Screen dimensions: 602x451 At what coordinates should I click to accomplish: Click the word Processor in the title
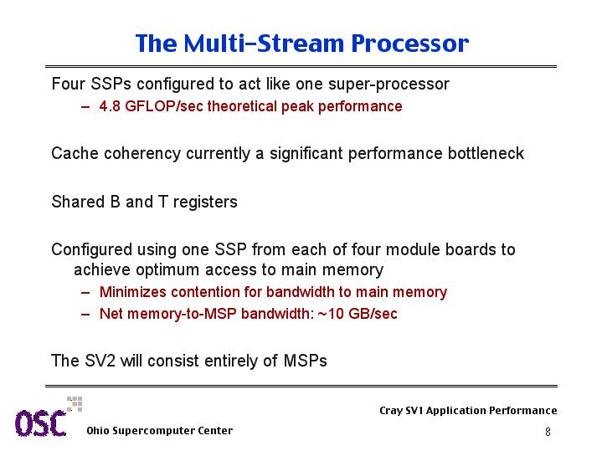pos(409,43)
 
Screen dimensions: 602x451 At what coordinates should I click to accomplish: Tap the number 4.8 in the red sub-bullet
pos(110,106)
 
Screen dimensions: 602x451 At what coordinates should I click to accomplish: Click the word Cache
pos(75,153)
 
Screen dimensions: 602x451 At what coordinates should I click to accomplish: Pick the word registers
pos(205,202)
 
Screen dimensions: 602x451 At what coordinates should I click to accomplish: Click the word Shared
pos(79,202)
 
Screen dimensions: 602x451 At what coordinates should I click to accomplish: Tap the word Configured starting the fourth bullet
pos(92,250)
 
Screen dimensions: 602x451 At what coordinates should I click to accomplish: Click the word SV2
pos(100,361)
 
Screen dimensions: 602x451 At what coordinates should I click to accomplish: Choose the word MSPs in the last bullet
pos(306,361)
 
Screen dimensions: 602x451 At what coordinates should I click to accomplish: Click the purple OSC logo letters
pos(41,423)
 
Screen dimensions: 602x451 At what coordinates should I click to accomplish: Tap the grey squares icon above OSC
pos(75,404)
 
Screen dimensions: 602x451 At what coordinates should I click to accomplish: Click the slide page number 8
pos(548,432)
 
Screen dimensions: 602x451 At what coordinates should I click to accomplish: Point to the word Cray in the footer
pos(391,411)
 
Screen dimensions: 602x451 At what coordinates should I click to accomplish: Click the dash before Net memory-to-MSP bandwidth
pos(85,315)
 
